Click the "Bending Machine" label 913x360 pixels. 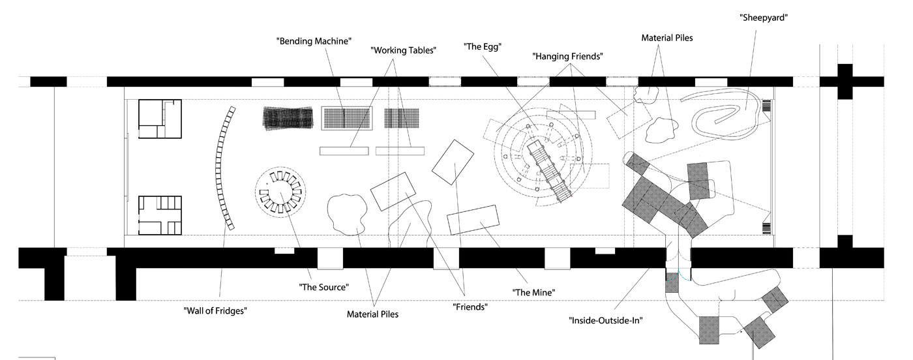pyautogui.click(x=314, y=41)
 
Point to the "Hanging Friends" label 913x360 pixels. pyautogui.click(x=567, y=57)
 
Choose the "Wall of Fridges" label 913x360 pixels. pyautogui.click(x=215, y=310)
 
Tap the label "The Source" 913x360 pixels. pyautogui.click(x=324, y=286)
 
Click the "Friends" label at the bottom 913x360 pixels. pyautogui.click(x=470, y=306)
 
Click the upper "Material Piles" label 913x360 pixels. pyautogui.click(x=666, y=38)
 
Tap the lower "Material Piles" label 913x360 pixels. pyautogui.click(x=372, y=314)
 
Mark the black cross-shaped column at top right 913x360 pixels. pyautogui.click(x=845, y=82)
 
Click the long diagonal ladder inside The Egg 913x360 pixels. pyautogui.click(x=549, y=169)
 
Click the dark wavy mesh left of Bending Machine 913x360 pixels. pyautogui.click(x=288, y=119)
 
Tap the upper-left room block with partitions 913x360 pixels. pyautogui.click(x=159, y=118)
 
